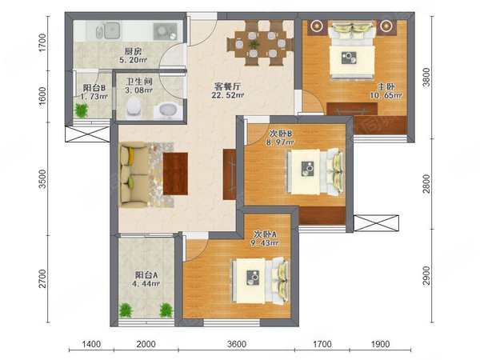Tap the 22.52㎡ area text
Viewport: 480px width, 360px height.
(x=227, y=95)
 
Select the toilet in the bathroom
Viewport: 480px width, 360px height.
(x=134, y=107)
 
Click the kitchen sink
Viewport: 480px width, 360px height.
(x=108, y=31)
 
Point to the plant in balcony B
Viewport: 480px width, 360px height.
(x=81, y=110)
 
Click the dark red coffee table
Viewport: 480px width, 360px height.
(x=175, y=174)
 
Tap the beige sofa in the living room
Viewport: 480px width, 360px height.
(x=134, y=174)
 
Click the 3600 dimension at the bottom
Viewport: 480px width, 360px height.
(x=237, y=344)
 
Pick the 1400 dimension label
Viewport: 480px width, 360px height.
(x=91, y=344)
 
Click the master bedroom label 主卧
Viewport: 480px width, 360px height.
(x=386, y=87)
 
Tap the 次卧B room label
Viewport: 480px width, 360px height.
(x=282, y=134)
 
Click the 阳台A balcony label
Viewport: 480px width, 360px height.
(x=146, y=275)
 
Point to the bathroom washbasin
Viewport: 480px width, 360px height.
(x=168, y=111)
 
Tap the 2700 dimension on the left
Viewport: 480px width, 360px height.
(x=42, y=278)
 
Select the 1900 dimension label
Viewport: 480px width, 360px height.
(x=380, y=344)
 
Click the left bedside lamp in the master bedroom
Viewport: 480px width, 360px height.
(x=317, y=26)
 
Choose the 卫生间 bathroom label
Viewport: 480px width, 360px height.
(x=139, y=82)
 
